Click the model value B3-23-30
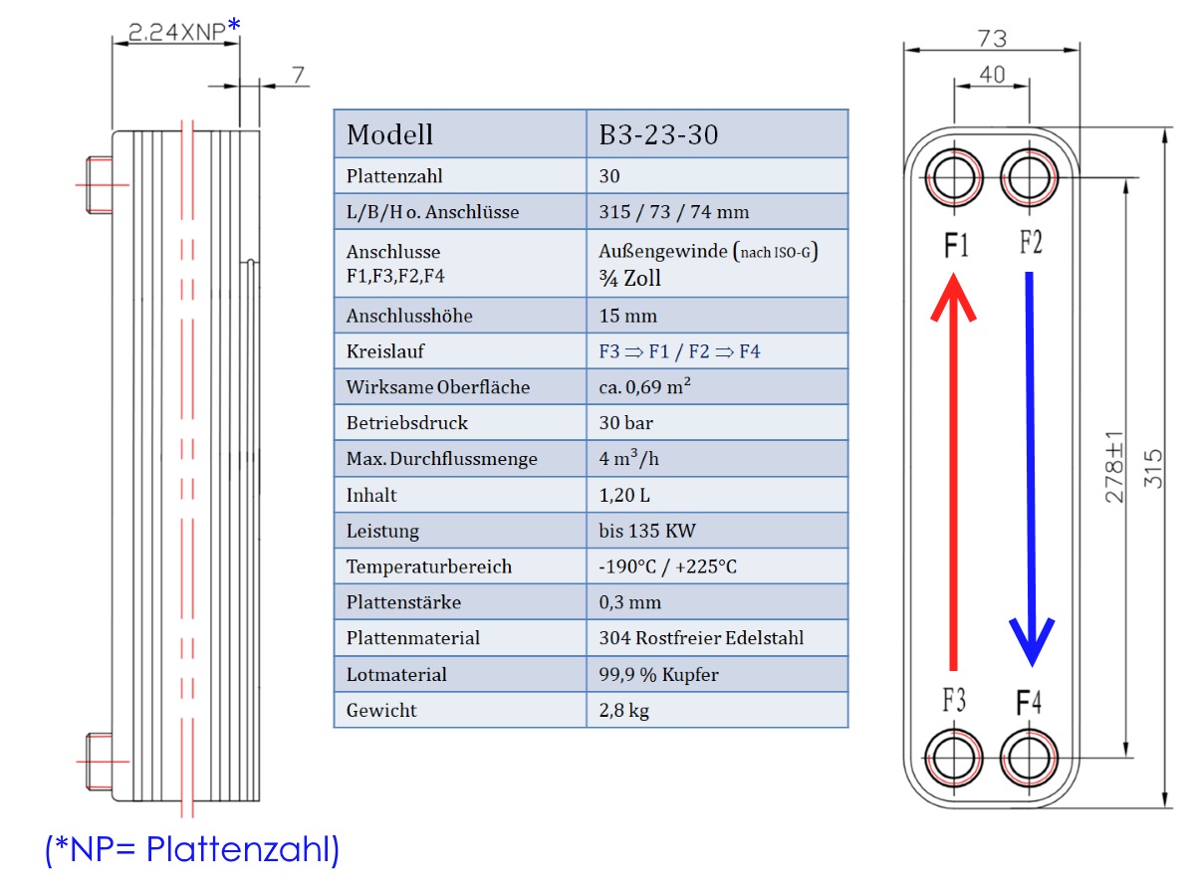(658, 134)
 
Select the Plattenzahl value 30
(609, 176)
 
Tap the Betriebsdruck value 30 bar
(625, 423)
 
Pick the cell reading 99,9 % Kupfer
(659, 675)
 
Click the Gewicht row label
(381, 711)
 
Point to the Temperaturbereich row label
(429, 566)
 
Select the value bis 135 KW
(646, 531)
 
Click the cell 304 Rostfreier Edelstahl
(701, 637)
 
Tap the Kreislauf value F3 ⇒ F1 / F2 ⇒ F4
(679, 351)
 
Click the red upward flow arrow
(953, 471)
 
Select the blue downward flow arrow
(1031, 469)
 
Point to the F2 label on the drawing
(1031, 242)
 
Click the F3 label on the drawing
(954, 700)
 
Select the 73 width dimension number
(992, 39)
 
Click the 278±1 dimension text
(1114, 467)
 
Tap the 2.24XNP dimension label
(176, 32)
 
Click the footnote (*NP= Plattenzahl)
(192, 849)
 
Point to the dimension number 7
(298, 75)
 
